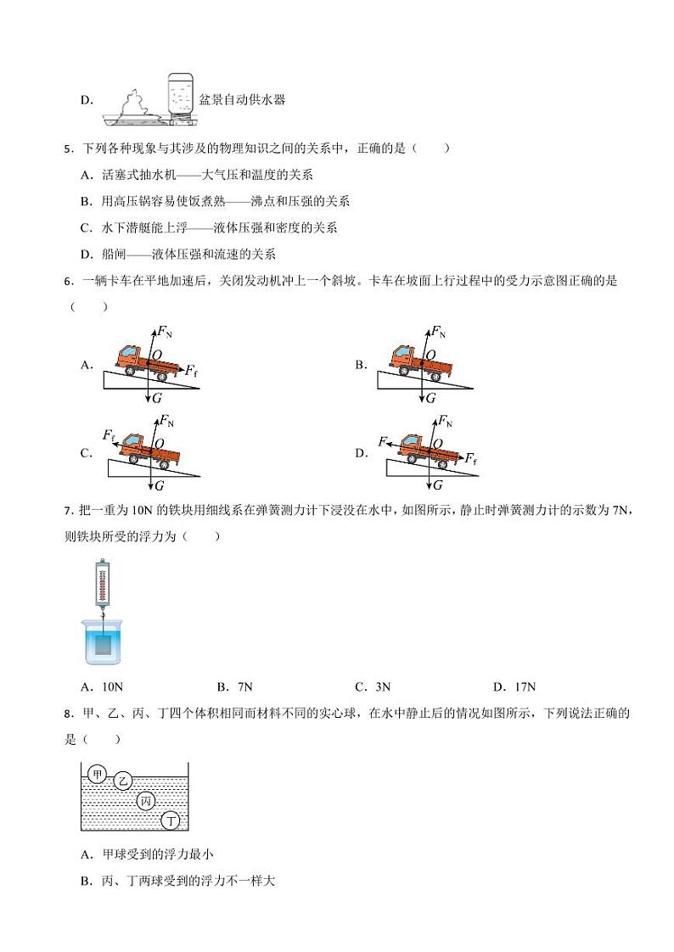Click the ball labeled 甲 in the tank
click(x=97, y=774)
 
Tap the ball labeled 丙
click(x=146, y=801)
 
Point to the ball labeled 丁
click(x=171, y=820)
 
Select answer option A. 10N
click(x=96, y=687)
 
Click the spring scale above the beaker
click(x=102, y=586)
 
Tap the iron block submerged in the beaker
click(x=104, y=644)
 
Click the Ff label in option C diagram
click(x=109, y=435)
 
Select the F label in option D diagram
click(x=383, y=441)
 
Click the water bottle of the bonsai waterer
click(x=180, y=94)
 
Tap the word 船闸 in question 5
click(x=113, y=255)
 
